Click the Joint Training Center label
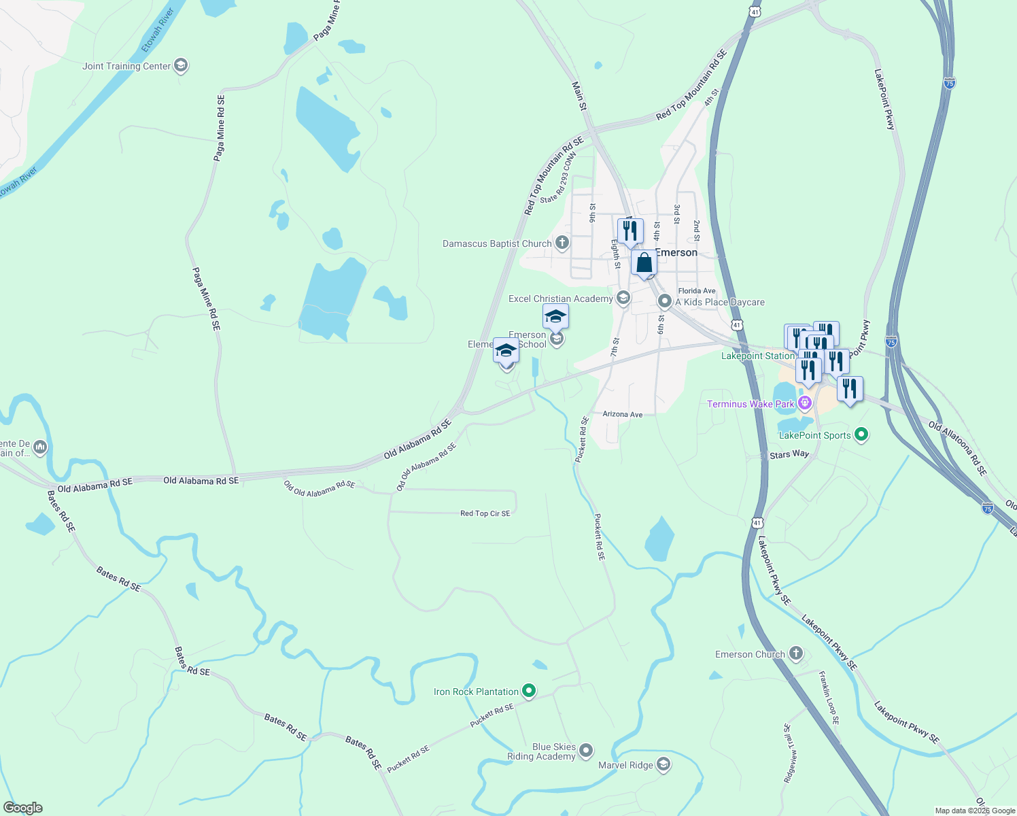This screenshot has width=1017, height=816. coord(126,66)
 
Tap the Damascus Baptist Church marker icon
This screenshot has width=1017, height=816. coord(562,243)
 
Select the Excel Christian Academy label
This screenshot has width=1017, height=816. coord(560,299)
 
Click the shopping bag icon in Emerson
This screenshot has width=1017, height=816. coord(644,262)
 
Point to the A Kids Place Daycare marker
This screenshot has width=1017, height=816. coord(665,301)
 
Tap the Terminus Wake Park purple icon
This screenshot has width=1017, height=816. coord(805,403)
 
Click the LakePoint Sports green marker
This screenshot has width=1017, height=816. coord(861,435)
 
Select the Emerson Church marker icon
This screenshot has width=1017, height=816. coord(796,654)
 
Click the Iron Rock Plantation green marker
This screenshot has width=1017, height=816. coord(529,692)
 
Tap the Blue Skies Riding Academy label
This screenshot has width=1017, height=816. coord(542,751)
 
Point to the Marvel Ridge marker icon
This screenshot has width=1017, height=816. coord(663,765)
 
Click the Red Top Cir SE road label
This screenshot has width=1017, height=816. coord(485,513)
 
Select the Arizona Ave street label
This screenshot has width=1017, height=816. coord(623,414)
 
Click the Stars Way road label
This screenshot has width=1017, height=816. coord(789,454)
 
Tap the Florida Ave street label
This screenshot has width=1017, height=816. coord(697,291)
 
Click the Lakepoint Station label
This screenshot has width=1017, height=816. coord(757,356)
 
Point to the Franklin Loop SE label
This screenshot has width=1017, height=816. coord(829,698)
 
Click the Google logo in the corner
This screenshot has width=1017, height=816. coord(23,808)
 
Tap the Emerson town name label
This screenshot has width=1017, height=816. coord(676,252)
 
